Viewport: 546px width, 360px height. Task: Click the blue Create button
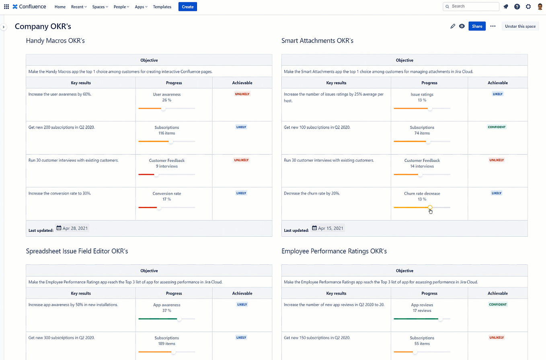[187, 7]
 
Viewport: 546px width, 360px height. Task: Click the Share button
[477, 26]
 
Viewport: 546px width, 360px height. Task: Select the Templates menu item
[162, 7]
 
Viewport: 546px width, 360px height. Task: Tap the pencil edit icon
[453, 26]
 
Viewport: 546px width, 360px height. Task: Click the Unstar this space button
[520, 26]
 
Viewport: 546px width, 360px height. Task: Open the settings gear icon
[528, 6]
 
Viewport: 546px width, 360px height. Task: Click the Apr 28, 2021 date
[72, 228]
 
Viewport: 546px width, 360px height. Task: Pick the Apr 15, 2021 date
[328, 228]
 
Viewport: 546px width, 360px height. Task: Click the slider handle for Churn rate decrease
[430, 207]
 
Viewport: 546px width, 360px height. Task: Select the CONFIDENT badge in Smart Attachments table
[497, 127]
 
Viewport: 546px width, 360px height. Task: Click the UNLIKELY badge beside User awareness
[242, 94]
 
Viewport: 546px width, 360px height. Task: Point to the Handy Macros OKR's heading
[55, 41]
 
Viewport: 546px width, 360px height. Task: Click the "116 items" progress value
[166, 133]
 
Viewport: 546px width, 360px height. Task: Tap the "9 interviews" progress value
[166, 166]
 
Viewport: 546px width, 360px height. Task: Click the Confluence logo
[29, 6]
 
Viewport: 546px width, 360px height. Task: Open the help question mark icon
[517, 6]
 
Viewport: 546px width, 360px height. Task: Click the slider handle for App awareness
[179, 319]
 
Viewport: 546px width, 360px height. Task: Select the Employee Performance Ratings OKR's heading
[334, 251]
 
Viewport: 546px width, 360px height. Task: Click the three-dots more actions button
[493, 26]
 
